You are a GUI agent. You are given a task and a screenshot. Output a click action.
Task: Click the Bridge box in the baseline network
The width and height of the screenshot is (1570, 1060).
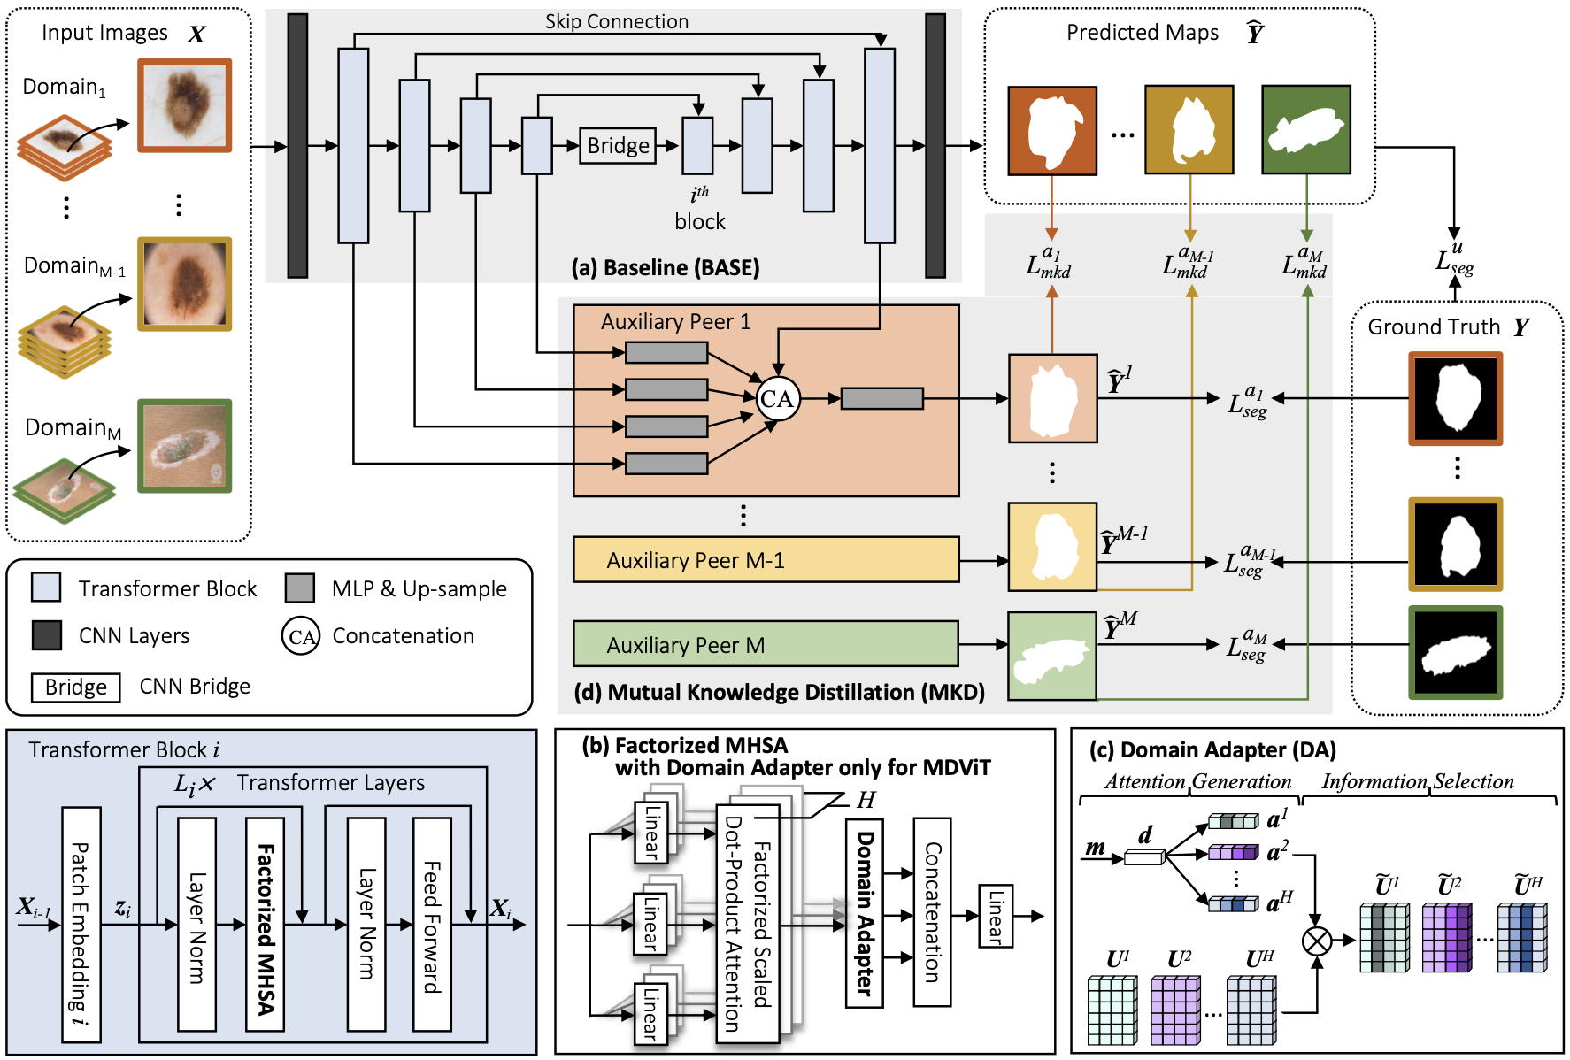[618, 146]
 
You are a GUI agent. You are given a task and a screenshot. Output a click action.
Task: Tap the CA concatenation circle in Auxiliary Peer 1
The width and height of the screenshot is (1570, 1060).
[777, 399]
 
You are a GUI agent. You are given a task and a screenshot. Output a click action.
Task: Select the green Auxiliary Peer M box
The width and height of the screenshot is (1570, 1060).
[766, 644]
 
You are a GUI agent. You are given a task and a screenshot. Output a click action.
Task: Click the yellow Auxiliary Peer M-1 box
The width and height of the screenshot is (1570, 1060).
[766, 559]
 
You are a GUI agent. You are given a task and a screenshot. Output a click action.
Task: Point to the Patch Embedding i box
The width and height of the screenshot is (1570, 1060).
[81, 924]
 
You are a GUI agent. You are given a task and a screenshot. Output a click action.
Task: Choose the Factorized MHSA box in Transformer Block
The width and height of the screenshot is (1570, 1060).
[265, 924]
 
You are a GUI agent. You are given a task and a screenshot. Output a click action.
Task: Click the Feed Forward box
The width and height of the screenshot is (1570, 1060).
[432, 924]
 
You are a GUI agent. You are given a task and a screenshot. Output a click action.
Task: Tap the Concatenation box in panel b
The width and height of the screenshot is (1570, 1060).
[932, 911]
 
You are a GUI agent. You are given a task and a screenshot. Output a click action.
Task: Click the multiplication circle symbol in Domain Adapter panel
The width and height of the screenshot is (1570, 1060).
[1317, 941]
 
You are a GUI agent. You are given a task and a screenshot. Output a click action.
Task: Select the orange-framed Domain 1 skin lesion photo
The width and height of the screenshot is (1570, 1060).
[184, 105]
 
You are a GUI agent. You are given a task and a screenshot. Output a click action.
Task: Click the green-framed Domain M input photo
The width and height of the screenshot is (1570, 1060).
[184, 445]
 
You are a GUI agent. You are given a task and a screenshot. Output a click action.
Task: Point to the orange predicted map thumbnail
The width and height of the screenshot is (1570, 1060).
[1052, 130]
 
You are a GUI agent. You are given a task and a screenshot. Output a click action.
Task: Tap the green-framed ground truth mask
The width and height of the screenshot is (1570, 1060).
[1455, 652]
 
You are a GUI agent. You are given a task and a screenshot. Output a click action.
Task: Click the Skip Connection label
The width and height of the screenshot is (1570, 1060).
[616, 21]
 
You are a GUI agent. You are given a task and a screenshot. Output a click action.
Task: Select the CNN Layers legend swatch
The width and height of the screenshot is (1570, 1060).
[47, 635]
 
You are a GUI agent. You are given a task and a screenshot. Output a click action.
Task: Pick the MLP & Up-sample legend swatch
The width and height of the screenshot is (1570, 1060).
[300, 588]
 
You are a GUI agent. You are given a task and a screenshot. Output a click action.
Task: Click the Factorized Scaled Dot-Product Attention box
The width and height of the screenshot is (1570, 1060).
[747, 923]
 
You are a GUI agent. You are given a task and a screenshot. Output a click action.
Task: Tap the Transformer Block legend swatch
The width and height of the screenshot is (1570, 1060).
[46, 588]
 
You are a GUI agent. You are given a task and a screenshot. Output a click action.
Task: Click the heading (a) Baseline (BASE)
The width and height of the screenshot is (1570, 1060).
[665, 267]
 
